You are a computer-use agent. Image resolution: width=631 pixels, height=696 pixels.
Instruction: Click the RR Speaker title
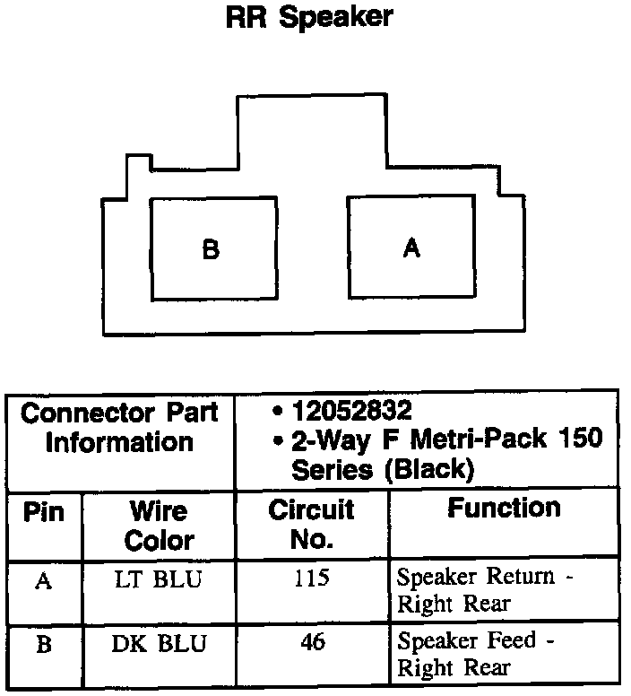(309, 18)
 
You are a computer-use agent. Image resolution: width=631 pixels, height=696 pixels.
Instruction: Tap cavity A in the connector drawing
(411, 248)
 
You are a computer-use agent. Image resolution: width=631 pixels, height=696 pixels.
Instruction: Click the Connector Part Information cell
(119, 428)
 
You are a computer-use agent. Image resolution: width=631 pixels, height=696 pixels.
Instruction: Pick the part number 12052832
(350, 411)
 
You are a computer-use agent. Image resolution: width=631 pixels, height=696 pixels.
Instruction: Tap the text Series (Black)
(381, 469)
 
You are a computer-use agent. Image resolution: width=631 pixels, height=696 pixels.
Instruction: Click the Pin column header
(43, 512)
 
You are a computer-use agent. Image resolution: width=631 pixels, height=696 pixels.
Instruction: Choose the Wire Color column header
(159, 526)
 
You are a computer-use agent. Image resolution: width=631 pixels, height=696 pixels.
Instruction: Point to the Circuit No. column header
(312, 524)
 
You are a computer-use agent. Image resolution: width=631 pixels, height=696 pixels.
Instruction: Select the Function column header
(504, 509)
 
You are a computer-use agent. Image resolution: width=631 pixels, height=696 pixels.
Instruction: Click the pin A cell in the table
(43, 580)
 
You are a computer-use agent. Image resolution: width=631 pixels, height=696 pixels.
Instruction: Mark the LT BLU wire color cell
(159, 579)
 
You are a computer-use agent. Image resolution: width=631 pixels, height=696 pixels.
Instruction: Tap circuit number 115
(312, 579)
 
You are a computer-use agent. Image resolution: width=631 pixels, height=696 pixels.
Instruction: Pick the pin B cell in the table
(43, 645)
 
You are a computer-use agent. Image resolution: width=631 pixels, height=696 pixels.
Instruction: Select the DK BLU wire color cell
(160, 644)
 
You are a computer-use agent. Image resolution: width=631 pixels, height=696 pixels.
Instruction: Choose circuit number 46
(312, 643)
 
